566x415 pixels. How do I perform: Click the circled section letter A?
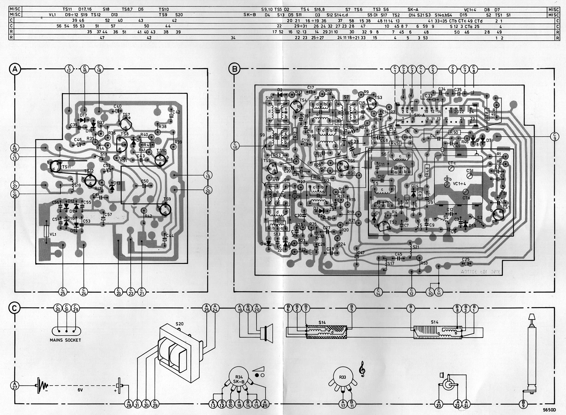[x=15, y=69]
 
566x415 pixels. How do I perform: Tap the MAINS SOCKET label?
[x=65, y=340]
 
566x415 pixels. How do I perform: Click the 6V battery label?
[x=80, y=390]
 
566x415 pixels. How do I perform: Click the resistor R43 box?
[x=148, y=145]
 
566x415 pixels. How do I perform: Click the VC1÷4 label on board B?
[x=459, y=184]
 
